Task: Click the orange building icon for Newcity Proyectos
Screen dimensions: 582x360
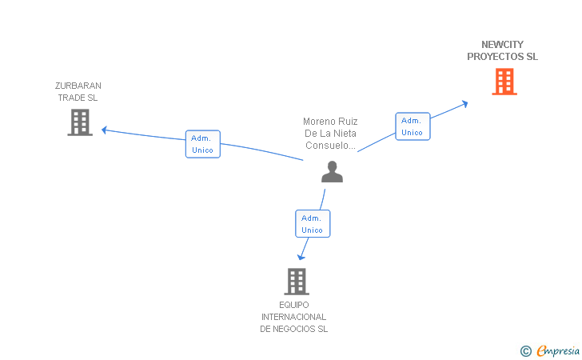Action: click(504, 82)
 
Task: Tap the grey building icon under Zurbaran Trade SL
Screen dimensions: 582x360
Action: click(80, 122)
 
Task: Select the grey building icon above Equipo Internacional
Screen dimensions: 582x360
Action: click(297, 282)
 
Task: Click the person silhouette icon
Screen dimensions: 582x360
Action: click(333, 172)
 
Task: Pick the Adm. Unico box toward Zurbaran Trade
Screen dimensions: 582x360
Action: click(203, 144)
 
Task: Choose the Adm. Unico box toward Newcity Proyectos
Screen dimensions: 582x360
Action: click(413, 126)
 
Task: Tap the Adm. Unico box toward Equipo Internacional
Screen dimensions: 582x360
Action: click(313, 224)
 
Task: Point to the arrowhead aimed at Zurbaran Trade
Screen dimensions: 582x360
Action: click(104, 130)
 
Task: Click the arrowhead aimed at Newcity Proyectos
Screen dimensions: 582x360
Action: click(464, 104)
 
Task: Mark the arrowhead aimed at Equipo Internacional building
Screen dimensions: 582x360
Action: click(301, 257)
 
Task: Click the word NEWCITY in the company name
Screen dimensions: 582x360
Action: click(502, 45)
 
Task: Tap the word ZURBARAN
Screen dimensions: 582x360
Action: click(78, 86)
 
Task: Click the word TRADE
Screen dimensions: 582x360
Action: click(67, 98)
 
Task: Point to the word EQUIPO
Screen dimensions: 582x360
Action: click(293, 305)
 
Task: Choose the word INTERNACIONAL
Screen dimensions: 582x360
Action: click(293, 317)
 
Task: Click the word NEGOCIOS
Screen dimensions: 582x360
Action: click(294, 329)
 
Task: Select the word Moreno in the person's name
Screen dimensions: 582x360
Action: click(317, 122)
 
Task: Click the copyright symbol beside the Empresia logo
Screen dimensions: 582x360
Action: click(525, 350)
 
